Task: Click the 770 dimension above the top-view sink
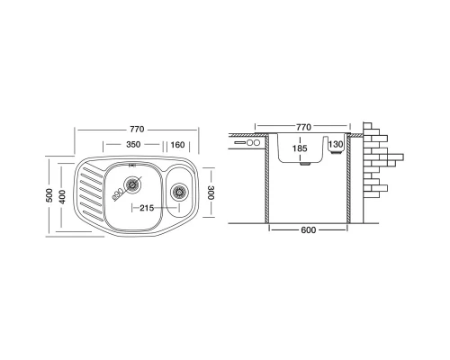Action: (137, 130)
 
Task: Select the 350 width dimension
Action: (133, 145)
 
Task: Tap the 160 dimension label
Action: (177, 145)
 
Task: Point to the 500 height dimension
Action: (49, 195)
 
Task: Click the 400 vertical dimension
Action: (62, 197)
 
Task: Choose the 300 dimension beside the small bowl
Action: (211, 193)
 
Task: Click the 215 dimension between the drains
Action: (147, 208)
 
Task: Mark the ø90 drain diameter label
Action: (117, 194)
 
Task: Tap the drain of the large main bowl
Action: (132, 184)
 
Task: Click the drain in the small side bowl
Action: (179, 192)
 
